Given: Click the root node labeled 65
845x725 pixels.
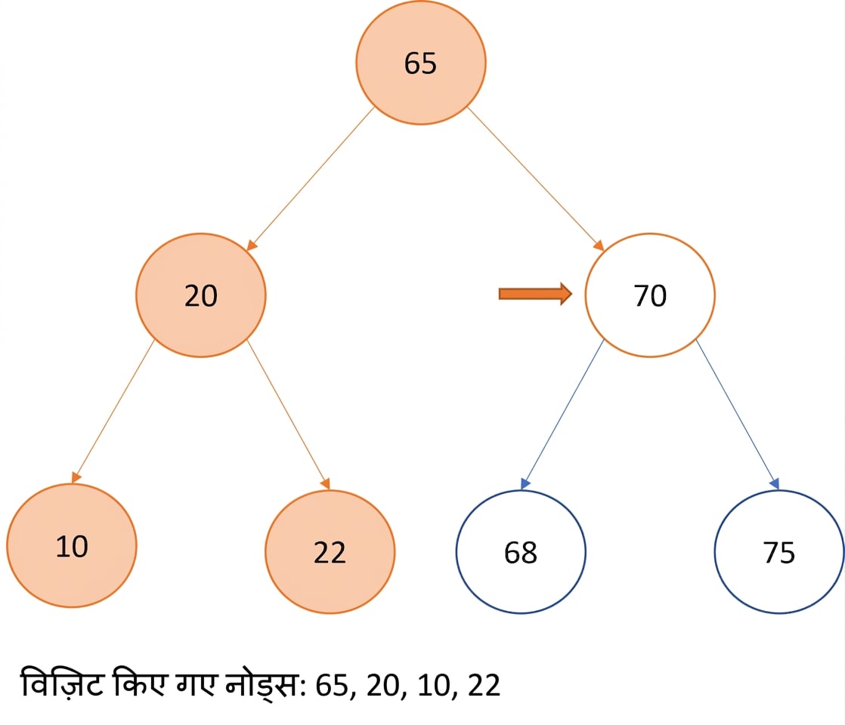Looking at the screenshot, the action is tap(420, 63).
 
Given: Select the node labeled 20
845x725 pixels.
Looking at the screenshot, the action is tap(200, 295).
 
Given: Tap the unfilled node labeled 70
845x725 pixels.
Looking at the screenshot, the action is tap(650, 295).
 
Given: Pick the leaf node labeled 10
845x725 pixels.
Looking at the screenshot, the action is tap(72, 545).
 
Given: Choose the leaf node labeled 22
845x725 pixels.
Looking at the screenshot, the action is tap(330, 551).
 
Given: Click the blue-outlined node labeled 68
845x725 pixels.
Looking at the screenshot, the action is tap(521, 551).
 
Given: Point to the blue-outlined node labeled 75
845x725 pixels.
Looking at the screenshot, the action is tap(779, 551).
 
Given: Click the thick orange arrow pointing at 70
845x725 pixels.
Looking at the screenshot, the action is tap(535, 294).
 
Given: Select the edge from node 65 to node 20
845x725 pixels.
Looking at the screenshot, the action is tap(311, 179).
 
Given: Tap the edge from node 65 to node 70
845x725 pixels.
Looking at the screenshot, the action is tap(536, 179).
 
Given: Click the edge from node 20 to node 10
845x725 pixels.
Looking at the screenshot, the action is tap(113, 412).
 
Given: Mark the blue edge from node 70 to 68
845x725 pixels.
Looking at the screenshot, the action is tap(562, 415).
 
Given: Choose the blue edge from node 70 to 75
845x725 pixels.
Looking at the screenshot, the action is tap(738, 415).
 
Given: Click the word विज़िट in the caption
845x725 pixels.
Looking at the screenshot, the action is tap(61, 683).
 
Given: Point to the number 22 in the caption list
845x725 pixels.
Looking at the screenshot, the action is tap(484, 686).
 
